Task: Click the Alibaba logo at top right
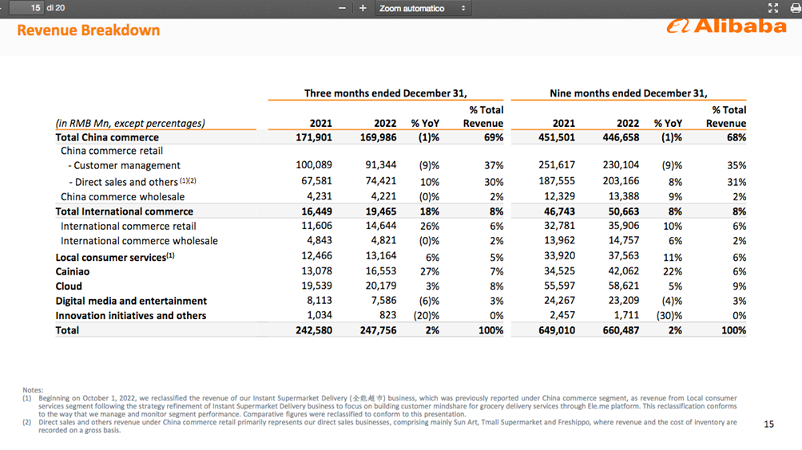[x=727, y=26]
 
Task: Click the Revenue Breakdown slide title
[x=88, y=30]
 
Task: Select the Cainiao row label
[x=73, y=271]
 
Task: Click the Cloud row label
[x=69, y=286]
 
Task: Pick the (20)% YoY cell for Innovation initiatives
[x=425, y=316]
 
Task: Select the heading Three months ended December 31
[x=385, y=93]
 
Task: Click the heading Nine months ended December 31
[x=628, y=93]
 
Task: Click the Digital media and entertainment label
[x=131, y=301]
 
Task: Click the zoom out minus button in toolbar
[x=343, y=8]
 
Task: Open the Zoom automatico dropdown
[x=422, y=8]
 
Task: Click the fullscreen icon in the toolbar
[x=772, y=8]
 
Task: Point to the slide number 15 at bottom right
[x=768, y=424]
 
